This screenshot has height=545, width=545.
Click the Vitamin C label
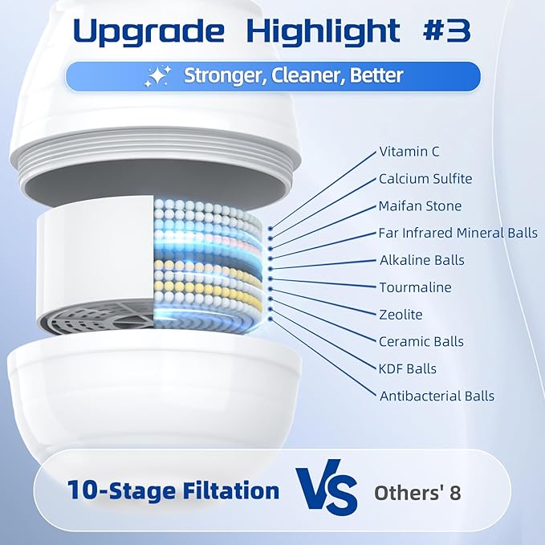click(x=409, y=152)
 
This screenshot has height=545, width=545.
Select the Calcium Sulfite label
click(x=425, y=179)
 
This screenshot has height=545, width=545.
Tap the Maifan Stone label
click(x=420, y=205)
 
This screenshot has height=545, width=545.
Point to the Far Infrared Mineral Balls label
click(x=458, y=233)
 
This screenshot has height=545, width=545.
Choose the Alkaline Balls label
click(x=422, y=260)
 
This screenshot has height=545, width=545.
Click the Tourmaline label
click(x=415, y=287)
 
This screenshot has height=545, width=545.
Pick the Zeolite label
click(x=401, y=314)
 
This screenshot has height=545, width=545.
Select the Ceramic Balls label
click(x=421, y=341)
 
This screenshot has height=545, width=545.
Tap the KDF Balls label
click(x=408, y=368)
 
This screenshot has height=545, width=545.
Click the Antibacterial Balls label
click(x=437, y=396)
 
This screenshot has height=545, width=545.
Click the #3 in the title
click(x=446, y=31)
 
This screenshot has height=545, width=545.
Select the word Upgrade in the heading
click(x=148, y=33)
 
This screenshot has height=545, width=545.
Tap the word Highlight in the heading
click(x=323, y=32)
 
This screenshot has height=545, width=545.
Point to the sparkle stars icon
click(x=158, y=76)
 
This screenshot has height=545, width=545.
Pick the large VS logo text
click(x=327, y=487)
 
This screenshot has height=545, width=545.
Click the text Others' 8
click(x=417, y=493)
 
